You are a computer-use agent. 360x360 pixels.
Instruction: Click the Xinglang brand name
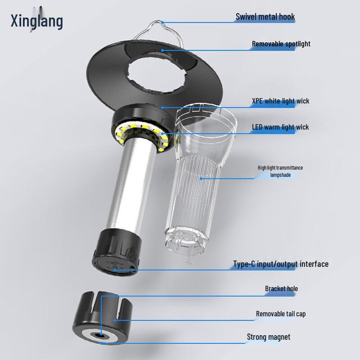[x=37, y=21]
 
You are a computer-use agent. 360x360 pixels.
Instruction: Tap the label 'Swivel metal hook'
[x=265, y=17]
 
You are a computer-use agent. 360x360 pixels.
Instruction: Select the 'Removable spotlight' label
[x=281, y=44]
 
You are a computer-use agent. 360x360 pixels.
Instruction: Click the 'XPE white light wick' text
[x=280, y=101]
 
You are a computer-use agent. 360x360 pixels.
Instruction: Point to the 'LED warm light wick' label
[x=280, y=127]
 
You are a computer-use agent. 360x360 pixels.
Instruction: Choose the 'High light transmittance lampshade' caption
[x=280, y=171]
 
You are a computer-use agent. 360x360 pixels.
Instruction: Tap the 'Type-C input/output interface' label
[x=281, y=264]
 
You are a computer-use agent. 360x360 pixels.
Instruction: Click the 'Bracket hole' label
[x=281, y=288]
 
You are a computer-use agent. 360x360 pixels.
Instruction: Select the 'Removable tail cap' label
[x=281, y=314]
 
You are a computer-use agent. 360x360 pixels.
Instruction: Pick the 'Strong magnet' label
[x=268, y=337]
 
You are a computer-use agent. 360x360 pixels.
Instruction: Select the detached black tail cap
[x=103, y=318]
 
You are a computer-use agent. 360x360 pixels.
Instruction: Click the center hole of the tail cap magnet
[x=100, y=336]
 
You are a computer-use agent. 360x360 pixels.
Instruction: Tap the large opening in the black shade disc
[x=157, y=73]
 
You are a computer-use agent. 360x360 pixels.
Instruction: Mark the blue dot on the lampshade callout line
[x=201, y=178]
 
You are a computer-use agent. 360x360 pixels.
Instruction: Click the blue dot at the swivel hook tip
[x=162, y=22]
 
